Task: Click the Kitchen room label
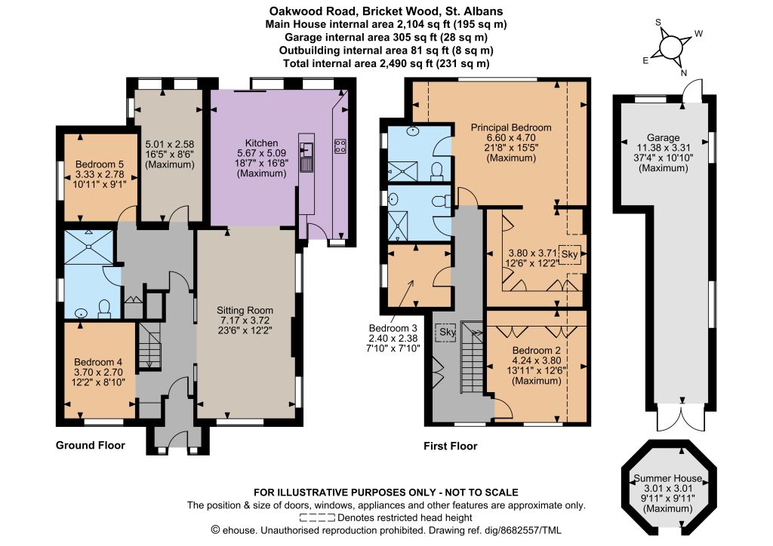coord(261,143)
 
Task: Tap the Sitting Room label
coord(245,310)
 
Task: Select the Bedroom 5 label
coord(100,164)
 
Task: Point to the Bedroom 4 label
coord(98,362)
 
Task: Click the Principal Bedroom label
coord(511,127)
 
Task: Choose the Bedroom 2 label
coord(537,351)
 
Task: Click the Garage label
coord(663,138)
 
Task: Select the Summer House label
coord(667,478)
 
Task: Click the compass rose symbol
coord(670,48)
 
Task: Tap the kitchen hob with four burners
coord(340,146)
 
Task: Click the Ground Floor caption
coord(91,445)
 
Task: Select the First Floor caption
coord(451,446)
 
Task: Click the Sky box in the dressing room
coord(569,254)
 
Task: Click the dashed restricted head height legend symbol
coord(317,518)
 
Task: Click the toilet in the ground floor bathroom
coord(104,308)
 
